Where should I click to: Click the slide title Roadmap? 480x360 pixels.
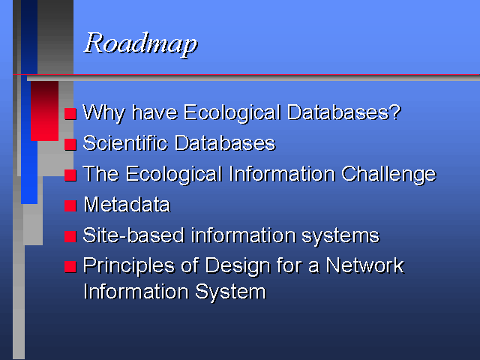pyautogui.click(x=141, y=44)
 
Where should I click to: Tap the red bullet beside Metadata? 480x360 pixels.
pyautogui.click(x=70, y=205)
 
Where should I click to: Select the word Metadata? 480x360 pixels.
pyautogui.click(x=127, y=205)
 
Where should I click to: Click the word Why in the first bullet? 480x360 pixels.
pyautogui.click(x=104, y=113)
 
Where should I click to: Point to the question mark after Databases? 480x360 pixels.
pyautogui.click(x=395, y=112)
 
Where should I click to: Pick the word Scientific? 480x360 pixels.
pyautogui.click(x=125, y=143)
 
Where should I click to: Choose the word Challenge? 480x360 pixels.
pyautogui.click(x=388, y=175)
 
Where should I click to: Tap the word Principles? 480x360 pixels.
pyautogui.click(x=129, y=266)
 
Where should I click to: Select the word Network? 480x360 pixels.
pyautogui.click(x=364, y=265)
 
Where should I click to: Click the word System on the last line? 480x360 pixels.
pyautogui.click(x=230, y=292)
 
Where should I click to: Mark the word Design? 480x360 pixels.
pyautogui.click(x=238, y=266)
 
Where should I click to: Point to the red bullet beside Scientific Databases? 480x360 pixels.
pyautogui.click(x=70, y=144)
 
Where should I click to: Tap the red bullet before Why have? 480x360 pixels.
pyautogui.click(x=70, y=113)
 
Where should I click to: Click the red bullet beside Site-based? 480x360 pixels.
pyautogui.click(x=70, y=236)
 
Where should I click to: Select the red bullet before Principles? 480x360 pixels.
pyautogui.click(x=70, y=267)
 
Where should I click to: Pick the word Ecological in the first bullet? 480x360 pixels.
pyautogui.click(x=232, y=113)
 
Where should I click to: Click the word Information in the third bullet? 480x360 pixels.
pyautogui.click(x=282, y=174)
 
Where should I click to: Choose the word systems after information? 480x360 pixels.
pyautogui.click(x=340, y=236)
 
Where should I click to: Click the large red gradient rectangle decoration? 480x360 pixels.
pyautogui.click(x=45, y=111)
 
